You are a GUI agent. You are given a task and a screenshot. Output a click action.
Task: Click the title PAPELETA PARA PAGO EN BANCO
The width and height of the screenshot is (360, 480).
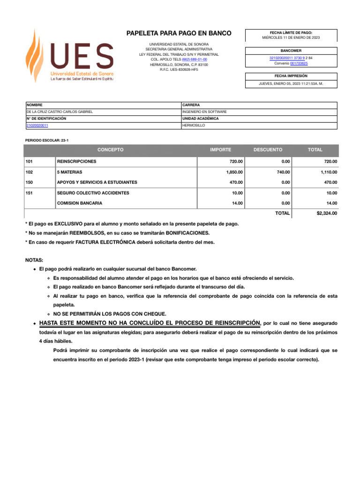179,33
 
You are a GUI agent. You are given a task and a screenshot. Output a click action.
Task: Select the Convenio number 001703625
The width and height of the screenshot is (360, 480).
299,63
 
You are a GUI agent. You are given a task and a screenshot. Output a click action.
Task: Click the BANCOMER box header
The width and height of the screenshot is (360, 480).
291,51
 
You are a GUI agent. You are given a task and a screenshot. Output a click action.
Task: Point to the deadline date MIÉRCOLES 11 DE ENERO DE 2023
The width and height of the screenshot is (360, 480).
291,37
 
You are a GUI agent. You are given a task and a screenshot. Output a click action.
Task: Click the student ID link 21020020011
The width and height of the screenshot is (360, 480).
37,126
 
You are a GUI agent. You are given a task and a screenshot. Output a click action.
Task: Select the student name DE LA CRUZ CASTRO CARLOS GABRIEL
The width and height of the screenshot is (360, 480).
60,112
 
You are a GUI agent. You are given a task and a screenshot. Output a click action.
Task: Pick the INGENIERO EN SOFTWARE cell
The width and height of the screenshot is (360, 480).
204,112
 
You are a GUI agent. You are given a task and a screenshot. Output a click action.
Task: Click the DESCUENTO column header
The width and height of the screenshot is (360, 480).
268,150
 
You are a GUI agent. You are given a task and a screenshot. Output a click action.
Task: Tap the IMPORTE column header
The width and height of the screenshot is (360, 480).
220,150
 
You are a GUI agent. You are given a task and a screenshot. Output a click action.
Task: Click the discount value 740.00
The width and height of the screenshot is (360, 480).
283,172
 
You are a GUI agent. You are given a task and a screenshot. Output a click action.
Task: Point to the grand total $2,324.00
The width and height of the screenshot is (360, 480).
327,213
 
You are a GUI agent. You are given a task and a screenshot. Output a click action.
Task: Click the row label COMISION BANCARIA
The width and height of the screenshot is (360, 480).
79,203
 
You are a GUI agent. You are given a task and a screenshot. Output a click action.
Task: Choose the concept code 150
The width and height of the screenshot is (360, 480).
30,182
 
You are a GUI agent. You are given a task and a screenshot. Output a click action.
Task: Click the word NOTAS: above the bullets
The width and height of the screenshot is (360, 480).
34,259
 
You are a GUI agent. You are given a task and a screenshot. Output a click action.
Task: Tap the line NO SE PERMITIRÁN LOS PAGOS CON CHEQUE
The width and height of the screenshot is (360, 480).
109,314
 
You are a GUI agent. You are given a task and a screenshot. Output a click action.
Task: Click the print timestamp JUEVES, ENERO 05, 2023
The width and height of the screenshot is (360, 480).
291,83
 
